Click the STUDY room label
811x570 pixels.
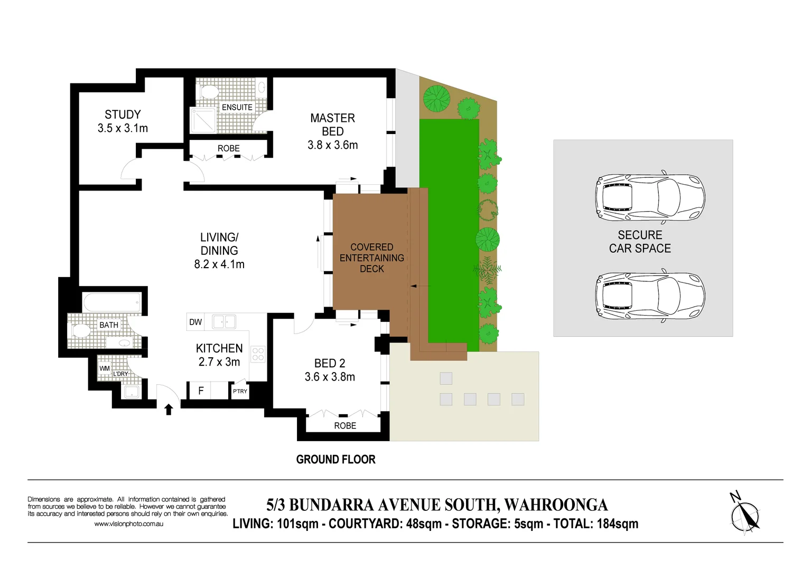point(123,115)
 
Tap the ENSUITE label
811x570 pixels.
point(237,107)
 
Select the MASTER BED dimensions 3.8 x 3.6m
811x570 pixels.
point(332,145)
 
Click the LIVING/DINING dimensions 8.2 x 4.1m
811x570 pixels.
point(219,264)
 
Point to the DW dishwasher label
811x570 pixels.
point(195,322)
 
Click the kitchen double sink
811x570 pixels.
point(224,321)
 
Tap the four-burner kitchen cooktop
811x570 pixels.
point(258,354)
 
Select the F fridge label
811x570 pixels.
point(201,391)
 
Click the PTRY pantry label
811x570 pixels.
point(240,391)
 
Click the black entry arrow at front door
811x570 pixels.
point(169,410)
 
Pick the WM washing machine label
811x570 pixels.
point(105,368)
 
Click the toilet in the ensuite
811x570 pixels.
point(209,91)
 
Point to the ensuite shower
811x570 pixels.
point(203,120)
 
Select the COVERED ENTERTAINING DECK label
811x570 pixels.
point(371,258)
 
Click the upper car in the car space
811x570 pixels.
point(650,197)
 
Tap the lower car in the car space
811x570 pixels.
point(650,297)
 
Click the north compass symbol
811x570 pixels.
point(745,514)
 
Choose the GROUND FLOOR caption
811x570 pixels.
point(335,460)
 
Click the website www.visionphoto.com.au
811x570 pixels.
point(128,524)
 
